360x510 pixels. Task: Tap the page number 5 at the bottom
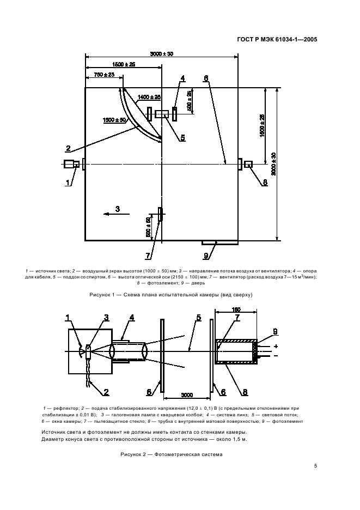pyautogui.click(x=316, y=465)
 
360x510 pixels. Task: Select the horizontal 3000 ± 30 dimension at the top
pyautogui.click(x=161, y=54)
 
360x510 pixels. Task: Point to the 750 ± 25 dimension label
pyautogui.click(x=104, y=75)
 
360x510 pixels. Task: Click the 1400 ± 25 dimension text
pyautogui.click(x=149, y=97)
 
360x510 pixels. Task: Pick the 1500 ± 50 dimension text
pyautogui.click(x=114, y=119)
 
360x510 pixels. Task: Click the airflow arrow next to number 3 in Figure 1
pyautogui.click(x=112, y=215)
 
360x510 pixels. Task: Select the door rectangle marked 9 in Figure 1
pyautogui.click(x=210, y=242)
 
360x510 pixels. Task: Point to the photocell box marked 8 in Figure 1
pyautogui.click(x=248, y=164)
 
